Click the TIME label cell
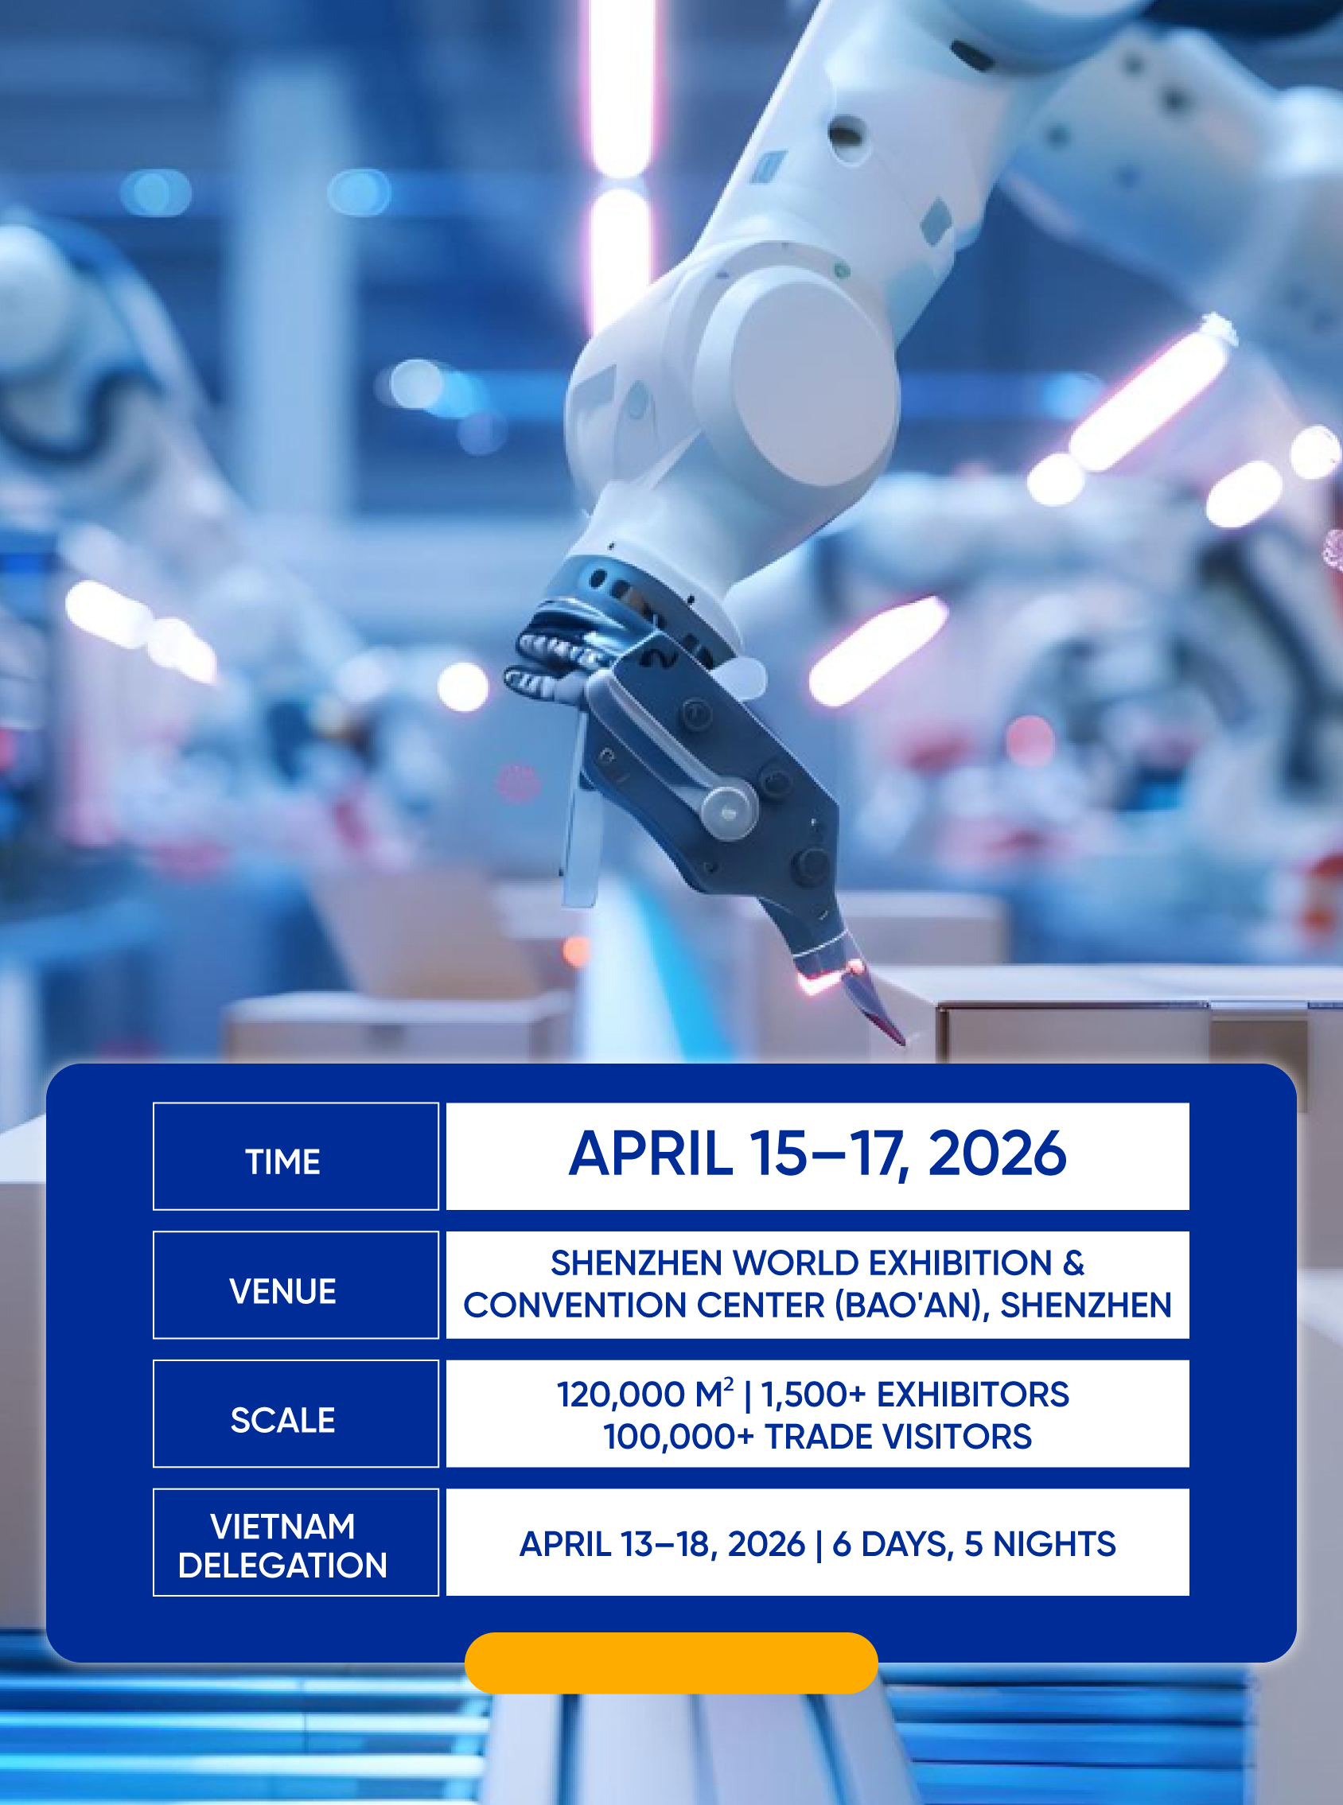tap(296, 1156)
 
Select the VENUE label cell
tap(296, 1285)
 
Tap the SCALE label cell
tap(296, 1414)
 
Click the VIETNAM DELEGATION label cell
tap(296, 1542)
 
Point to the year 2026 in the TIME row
tap(997, 1153)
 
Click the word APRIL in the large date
tap(650, 1153)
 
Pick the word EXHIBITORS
tap(972, 1395)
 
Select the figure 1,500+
tap(814, 1395)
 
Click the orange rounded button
tap(671, 1663)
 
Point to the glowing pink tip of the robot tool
tap(829, 978)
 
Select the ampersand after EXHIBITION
tap(1073, 1264)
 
